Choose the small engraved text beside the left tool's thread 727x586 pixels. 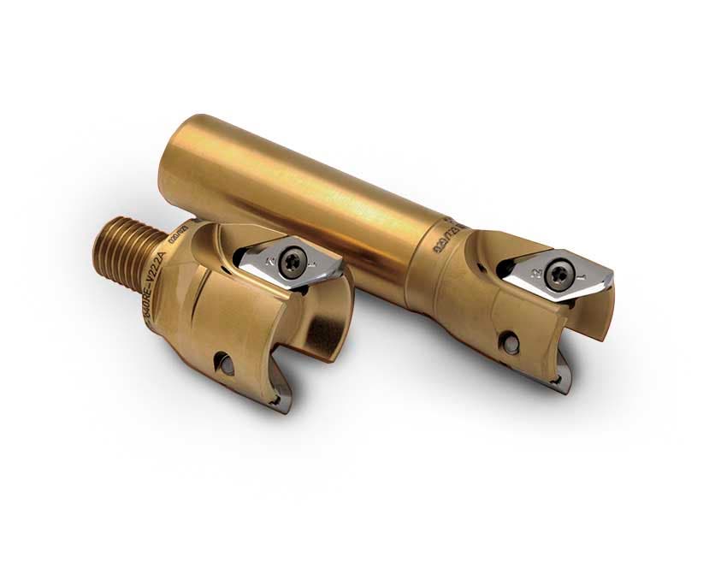(x=179, y=239)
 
